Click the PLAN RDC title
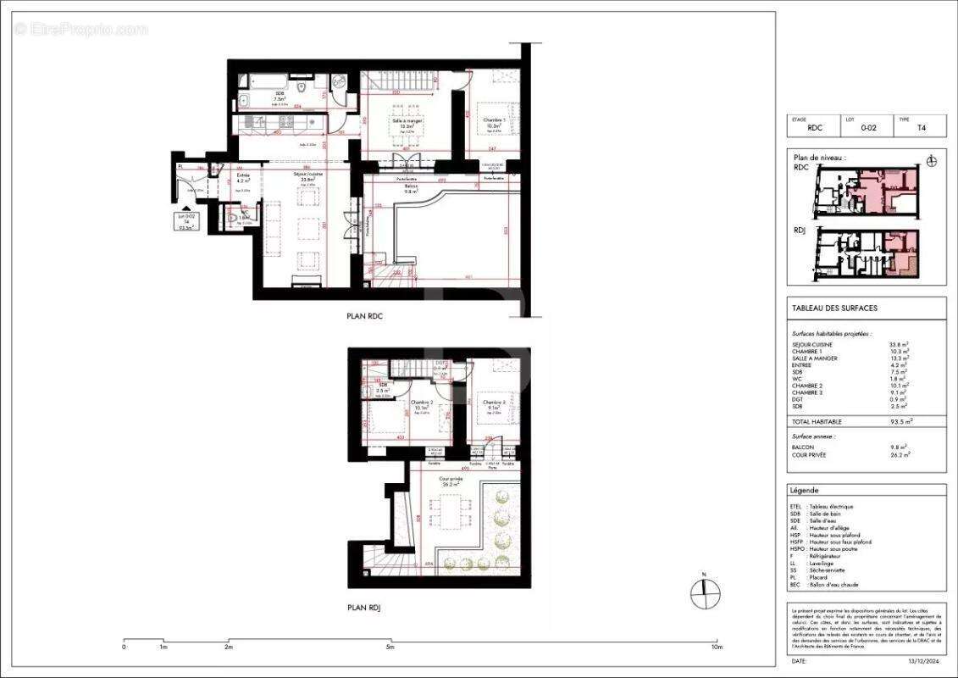[364, 316]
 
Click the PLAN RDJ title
[364, 608]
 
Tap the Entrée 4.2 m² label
[243, 177]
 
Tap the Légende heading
[804, 491]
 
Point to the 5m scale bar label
[390, 647]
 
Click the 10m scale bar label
[717, 647]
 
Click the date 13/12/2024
[922, 660]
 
